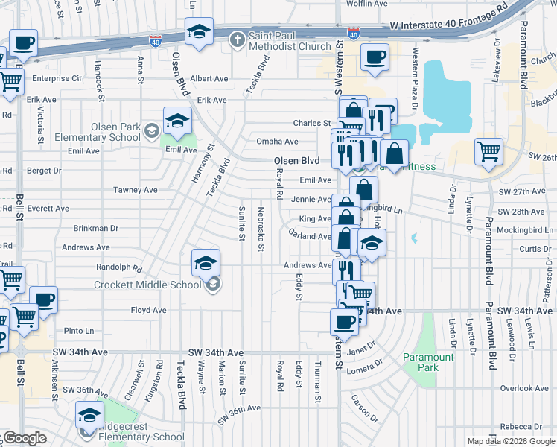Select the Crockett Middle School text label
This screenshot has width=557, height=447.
pyautogui.click(x=147, y=285)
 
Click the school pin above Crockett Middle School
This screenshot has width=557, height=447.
pyautogui.click(x=206, y=263)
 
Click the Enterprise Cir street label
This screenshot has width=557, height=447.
pyautogui.click(x=56, y=78)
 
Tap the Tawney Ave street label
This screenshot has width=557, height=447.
pyautogui.click(x=135, y=190)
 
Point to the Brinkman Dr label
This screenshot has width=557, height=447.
pyautogui.click(x=95, y=229)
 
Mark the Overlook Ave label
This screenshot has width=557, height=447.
pyautogui.click(x=524, y=388)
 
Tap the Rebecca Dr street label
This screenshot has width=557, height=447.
pyautogui.click(x=526, y=427)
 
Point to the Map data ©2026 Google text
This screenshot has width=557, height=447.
pyautogui.click(x=510, y=441)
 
